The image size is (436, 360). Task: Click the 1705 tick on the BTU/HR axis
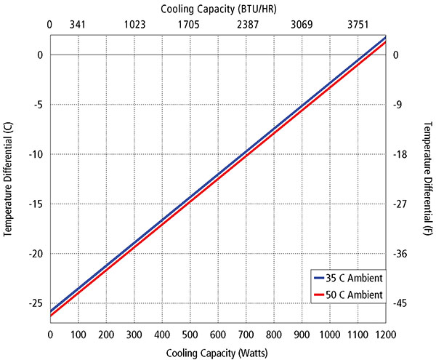point(189,25)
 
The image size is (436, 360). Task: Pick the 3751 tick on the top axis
point(357,25)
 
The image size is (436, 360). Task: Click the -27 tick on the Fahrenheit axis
point(402,204)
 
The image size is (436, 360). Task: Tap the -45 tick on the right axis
point(402,303)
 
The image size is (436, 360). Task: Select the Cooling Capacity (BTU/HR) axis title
point(217,9)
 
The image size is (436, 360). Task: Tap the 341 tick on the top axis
point(78,25)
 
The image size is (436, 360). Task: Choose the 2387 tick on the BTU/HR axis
point(245,25)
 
